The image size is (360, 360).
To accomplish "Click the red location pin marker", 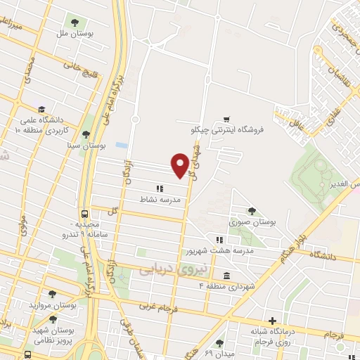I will coord(180,165).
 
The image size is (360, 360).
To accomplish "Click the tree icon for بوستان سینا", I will coord(86,134).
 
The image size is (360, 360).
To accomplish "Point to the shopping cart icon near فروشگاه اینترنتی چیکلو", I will coord(226,119).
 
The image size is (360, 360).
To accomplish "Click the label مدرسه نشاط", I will coord(161,200).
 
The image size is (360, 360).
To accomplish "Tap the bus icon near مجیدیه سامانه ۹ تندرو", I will coord(85,214).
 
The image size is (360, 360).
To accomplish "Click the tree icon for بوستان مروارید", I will coord(51,295).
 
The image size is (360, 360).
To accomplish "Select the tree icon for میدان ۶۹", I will coord(220,344).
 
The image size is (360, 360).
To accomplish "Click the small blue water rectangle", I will coord(122,145).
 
